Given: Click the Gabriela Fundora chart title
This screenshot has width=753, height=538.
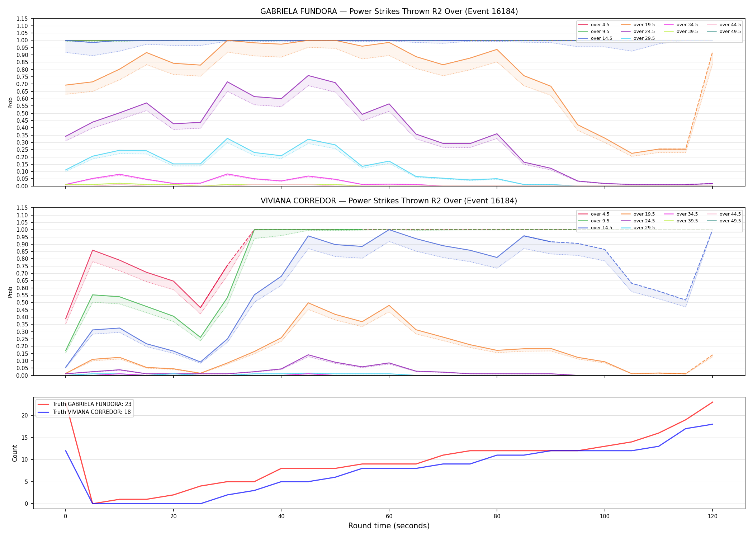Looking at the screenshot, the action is pos(389,11).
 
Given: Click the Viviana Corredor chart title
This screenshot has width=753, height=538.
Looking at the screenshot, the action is pos(389,201).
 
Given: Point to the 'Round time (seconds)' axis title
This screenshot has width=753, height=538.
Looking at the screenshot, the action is pos(389,526).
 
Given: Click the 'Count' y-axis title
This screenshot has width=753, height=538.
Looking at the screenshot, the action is pos(15,453).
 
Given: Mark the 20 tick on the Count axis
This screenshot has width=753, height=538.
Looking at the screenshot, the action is pos(25,415).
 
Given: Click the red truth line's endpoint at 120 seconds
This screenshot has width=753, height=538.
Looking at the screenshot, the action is pos(712,402).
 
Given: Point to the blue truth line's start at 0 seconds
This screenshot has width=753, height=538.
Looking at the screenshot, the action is pos(66,450).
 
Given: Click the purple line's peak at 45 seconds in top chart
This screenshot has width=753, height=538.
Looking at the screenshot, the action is pos(308,75).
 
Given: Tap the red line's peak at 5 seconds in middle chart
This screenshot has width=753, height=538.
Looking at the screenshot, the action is pos(93,250).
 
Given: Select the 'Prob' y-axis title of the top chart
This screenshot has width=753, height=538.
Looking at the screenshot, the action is pos(10,103).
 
